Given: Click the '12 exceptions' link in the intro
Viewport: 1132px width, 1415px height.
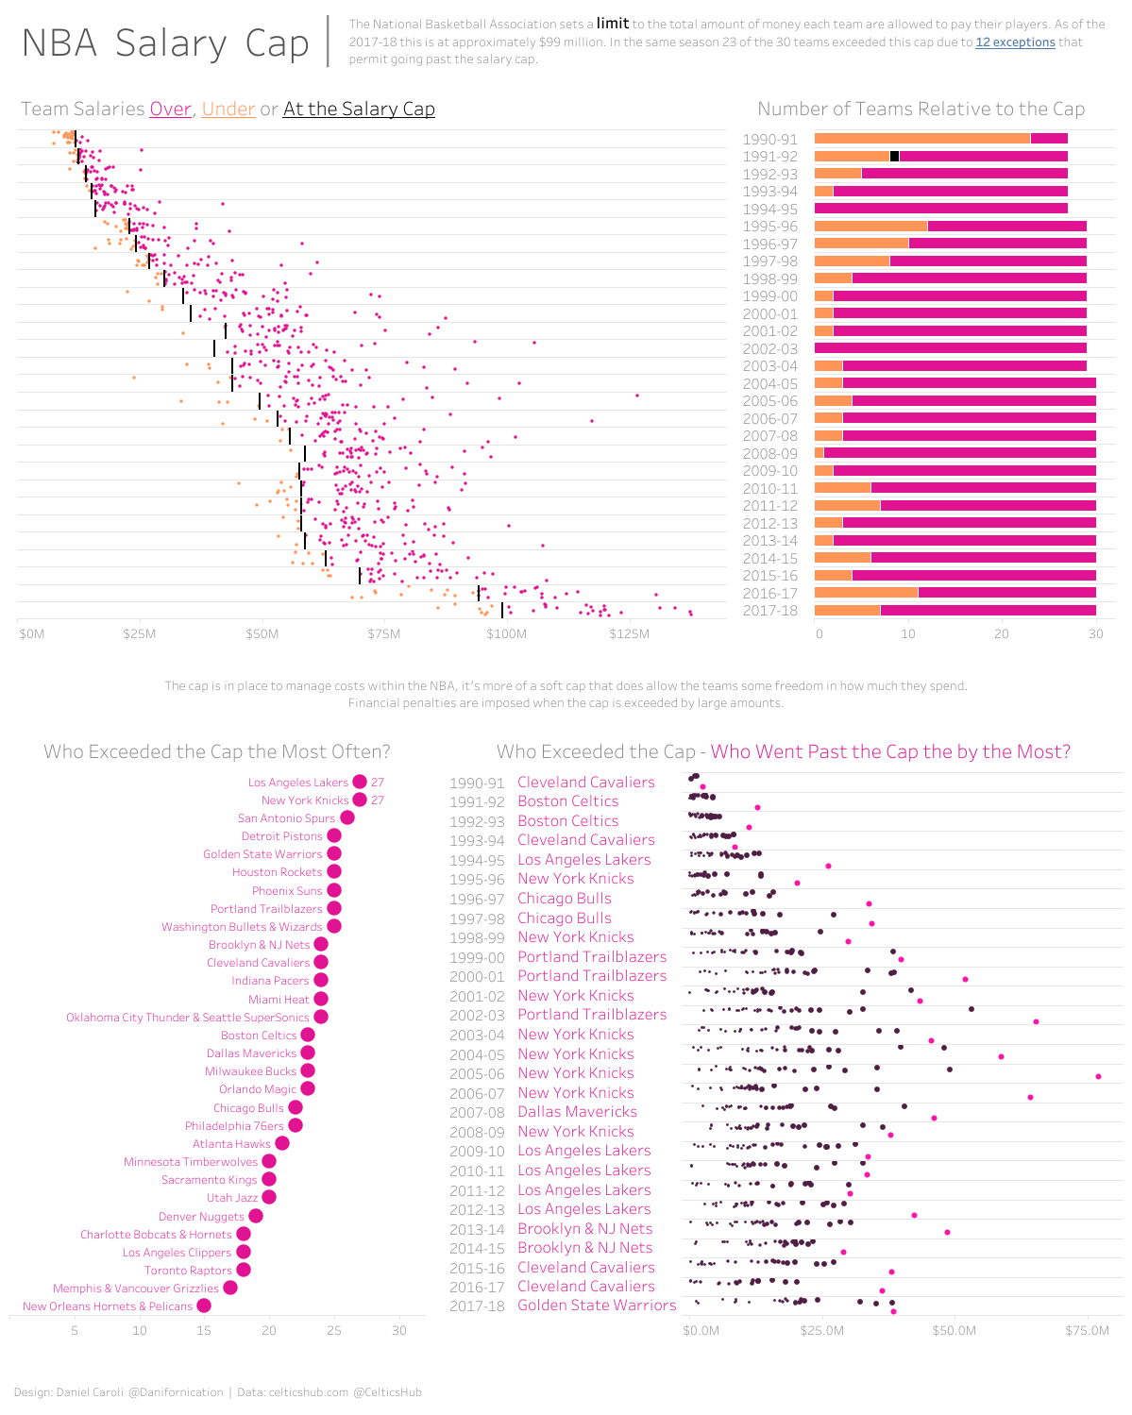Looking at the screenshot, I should pyautogui.click(x=1015, y=42).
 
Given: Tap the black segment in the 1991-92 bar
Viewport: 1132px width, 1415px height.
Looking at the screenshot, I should pyautogui.click(x=894, y=157).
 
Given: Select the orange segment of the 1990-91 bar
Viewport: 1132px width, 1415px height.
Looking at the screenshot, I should pyautogui.click(x=921, y=139).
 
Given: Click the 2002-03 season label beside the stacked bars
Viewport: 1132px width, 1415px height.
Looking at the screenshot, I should pyautogui.click(x=769, y=349).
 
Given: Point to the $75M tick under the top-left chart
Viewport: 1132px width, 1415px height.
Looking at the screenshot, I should pyautogui.click(x=383, y=633).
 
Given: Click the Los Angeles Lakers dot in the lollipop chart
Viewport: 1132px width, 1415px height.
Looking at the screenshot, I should pyautogui.click(x=360, y=782).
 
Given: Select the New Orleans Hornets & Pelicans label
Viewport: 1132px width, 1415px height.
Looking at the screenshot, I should pyautogui.click(x=108, y=1306).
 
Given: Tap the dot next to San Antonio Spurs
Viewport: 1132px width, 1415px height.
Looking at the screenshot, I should pyautogui.click(x=347, y=818).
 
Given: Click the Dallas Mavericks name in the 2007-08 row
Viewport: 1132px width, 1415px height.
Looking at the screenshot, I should pyautogui.click(x=577, y=1112).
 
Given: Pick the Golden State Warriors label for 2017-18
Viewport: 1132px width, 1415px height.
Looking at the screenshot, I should pyautogui.click(x=597, y=1306).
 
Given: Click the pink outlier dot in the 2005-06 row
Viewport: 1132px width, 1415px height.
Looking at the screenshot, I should pyautogui.click(x=1098, y=1076).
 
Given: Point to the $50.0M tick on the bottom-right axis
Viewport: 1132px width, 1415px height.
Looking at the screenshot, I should pyautogui.click(x=954, y=1331).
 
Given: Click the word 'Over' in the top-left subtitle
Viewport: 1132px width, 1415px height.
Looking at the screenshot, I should pyautogui.click(x=171, y=109).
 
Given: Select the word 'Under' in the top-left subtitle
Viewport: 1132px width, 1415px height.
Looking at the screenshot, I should pyautogui.click(x=228, y=109).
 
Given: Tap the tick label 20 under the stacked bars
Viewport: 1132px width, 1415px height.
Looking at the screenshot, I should pyautogui.click(x=1002, y=634).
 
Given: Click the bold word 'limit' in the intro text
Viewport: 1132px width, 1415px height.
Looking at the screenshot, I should pyautogui.click(x=613, y=24).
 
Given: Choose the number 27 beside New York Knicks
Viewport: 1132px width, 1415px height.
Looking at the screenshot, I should pyautogui.click(x=378, y=800).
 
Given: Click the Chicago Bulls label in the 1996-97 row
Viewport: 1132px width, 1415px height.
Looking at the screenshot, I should pyautogui.click(x=565, y=899).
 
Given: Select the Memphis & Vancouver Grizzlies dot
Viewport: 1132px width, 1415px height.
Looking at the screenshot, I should pyautogui.click(x=230, y=1288).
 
